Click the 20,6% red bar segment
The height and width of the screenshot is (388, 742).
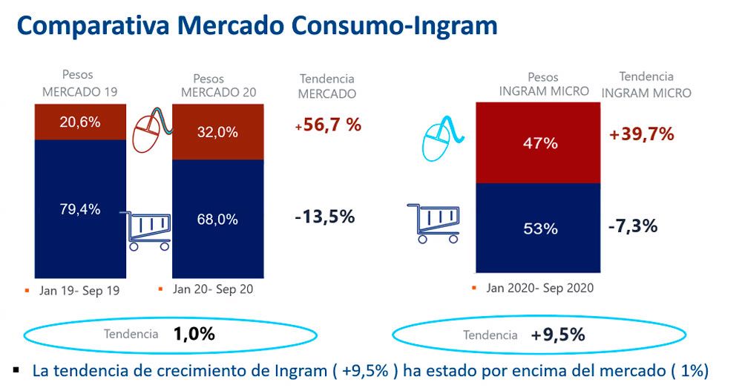(80, 122)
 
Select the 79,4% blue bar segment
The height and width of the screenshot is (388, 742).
(80, 208)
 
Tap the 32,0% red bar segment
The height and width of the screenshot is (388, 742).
(217, 131)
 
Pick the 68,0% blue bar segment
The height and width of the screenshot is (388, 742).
(217, 219)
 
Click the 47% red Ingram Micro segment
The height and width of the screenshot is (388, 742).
(538, 143)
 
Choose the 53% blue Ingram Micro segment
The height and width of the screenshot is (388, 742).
(538, 228)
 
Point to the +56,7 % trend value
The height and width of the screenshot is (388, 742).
(328, 125)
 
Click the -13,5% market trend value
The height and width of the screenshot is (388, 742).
(325, 217)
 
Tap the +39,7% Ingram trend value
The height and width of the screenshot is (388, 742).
(641, 134)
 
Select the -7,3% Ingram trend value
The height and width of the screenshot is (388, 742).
(633, 226)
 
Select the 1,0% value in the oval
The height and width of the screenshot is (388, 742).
(194, 334)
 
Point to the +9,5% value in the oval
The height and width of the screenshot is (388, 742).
(558, 335)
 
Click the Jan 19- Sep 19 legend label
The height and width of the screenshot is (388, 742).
(79, 291)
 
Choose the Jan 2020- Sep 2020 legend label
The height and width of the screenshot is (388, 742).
(540, 288)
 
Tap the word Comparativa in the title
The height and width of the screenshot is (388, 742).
(93, 26)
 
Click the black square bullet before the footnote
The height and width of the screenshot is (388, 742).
(17, 369)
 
